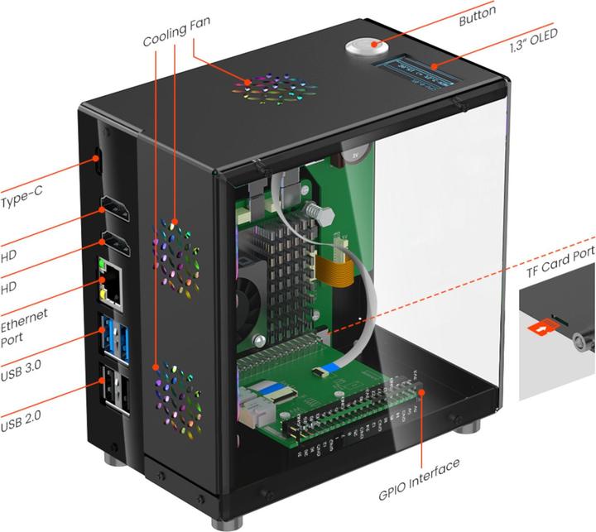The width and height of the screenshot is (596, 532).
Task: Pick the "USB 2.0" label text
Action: pos(22,425)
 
